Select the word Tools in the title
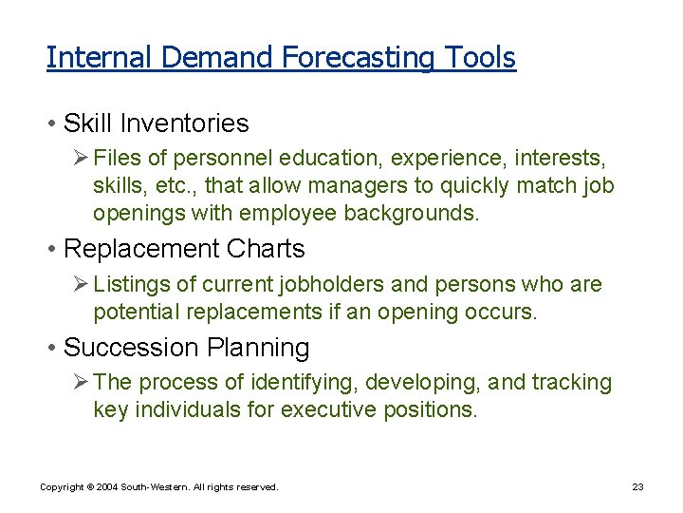click(477, 58)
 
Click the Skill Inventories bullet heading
click(156, 123)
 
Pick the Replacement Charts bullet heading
click(184, 249)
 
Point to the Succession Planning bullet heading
click(186, 348)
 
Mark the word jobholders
click(322, 284)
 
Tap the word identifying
click(307, 383)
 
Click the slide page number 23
click(637, 487)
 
